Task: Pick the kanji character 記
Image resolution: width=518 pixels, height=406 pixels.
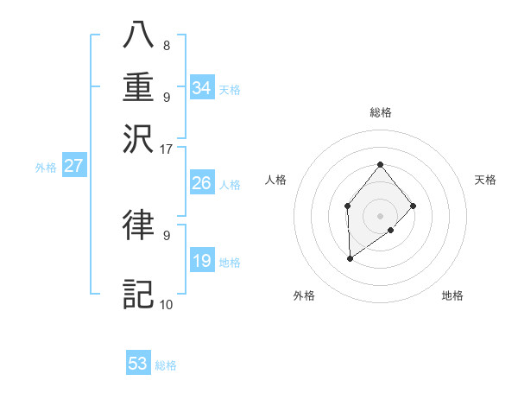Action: pyautogui.click(x=138, y=294)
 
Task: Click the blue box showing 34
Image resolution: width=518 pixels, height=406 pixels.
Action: pyautogui.click(x=202, y=88)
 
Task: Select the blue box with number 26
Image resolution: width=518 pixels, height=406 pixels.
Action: pyautogui.click(x=202, y=183)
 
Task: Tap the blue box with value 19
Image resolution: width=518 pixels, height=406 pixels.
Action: pyautogui.click(x=202, y=261)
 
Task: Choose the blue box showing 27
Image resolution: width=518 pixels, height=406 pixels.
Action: pyautogui.click(x=73, y=167)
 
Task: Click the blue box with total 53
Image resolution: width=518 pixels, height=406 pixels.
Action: pyautogui.click(x=138, y=364)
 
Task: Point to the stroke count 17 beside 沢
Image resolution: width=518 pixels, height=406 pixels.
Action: pyautogui.click(x=167, y=149)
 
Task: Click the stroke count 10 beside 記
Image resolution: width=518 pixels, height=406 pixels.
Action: pyautogui.click(x=166, y=304)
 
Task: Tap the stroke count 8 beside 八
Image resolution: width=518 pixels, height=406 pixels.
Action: pyautogui.click(x=166, y=46)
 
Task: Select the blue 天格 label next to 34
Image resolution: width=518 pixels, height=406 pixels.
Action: pyautogui.click(x=230, y=89)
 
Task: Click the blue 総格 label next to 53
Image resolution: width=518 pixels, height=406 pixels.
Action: pyautogui.click(x=166, y=365)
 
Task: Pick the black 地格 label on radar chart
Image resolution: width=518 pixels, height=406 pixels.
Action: pyautogui.click(x=452, y=295)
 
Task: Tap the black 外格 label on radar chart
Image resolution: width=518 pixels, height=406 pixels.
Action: pyautogui.click(x=304, y=295)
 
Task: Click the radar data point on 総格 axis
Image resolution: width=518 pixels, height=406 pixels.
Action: pyautogui.click(x=380, y=164)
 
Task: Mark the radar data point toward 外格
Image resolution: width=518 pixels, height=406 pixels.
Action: pyautogui.click(x=350, y=258)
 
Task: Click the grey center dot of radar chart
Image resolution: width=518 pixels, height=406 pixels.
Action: pyautogui.click(x=380, y=215)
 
